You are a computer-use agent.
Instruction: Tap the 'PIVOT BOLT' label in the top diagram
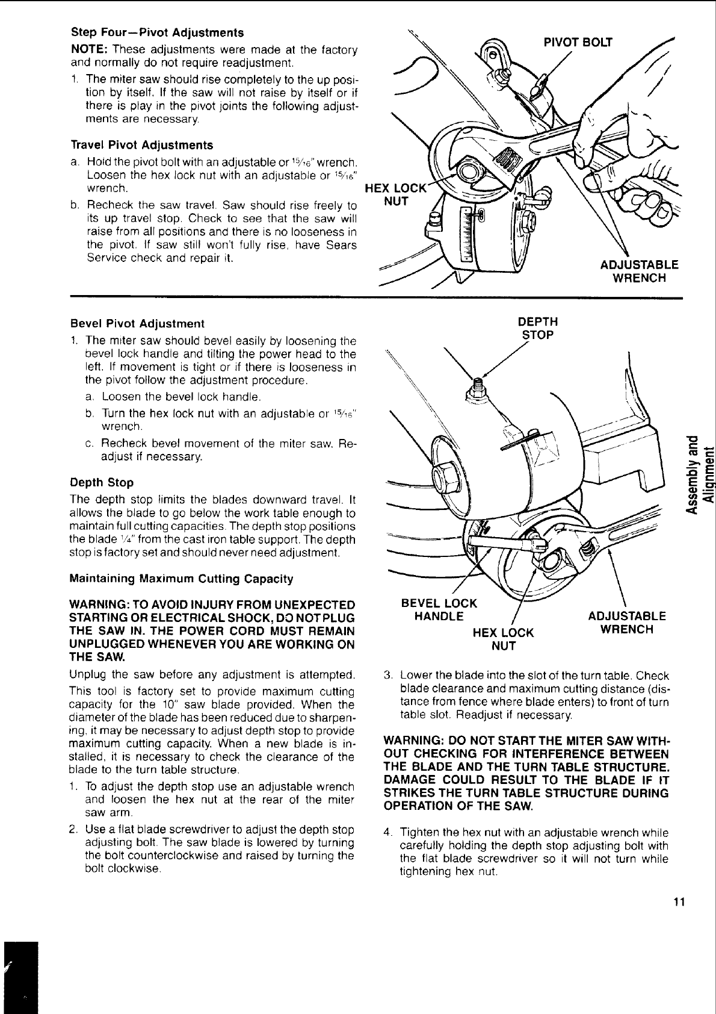[578, 42]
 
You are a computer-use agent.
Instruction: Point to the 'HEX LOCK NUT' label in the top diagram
[396, 194]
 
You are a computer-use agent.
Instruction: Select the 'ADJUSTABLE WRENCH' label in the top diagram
[639, 271]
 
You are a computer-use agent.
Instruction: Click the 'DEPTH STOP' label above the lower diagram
[538, 328]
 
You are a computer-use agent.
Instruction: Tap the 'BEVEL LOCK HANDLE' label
[439, 609]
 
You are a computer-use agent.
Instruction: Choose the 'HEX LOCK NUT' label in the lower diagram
[504, 639]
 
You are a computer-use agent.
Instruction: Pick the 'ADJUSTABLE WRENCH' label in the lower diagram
[626, 623]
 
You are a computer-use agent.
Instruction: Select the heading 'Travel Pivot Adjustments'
[141, 145]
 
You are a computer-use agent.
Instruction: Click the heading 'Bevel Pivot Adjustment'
[137, 323]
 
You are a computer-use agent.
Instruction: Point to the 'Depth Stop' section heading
[102, 482]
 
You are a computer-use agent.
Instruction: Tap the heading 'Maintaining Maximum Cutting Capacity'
[182, 579]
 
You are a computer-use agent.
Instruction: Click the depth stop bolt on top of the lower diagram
[479, 386]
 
